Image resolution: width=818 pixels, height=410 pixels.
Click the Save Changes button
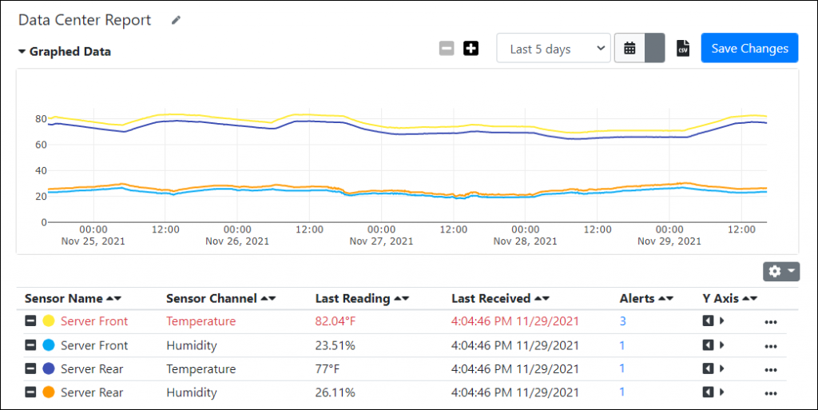click(749, 48)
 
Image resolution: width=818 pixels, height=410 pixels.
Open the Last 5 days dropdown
click(554, 49)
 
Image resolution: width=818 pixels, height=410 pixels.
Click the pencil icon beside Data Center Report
click(176, 21)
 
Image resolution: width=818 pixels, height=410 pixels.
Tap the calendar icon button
click(629, 49)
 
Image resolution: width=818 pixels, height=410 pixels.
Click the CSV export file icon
click(683, 49)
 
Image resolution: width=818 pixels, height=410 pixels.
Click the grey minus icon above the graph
click(447, 49)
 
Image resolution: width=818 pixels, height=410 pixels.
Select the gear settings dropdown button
click(781, 272)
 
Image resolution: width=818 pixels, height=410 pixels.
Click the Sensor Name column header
click(64, 298)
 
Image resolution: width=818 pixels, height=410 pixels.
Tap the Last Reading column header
click(352, 298)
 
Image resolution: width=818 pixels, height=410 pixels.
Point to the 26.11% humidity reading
click(336, 392)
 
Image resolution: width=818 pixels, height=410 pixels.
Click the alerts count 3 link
click(623, 321)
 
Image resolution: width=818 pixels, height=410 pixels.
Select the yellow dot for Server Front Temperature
click(49, 321)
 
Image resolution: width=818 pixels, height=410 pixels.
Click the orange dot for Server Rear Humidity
click(49, 392)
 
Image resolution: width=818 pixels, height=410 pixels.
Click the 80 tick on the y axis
click(38, 119)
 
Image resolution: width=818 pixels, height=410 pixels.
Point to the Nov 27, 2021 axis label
click(381, 241)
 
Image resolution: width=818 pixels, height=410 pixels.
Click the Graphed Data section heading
click(69, 52)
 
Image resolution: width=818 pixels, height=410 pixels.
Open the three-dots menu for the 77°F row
click(770, 369)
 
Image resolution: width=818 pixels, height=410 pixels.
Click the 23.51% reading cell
click(336, 345)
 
